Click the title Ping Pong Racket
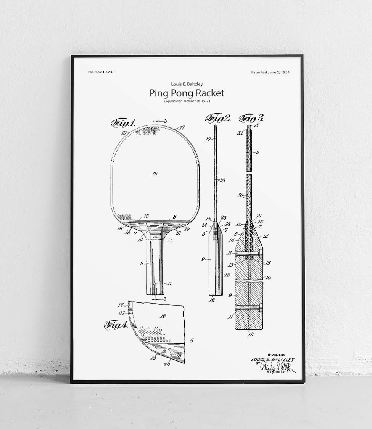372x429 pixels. tap(187, 93)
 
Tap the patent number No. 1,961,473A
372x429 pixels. tap(101, 72)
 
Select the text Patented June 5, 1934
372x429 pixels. tap(270, 72)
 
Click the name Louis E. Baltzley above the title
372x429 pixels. tap(187, 84)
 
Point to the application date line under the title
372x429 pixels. tap(187, 101)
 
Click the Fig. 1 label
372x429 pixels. tap(123, 123)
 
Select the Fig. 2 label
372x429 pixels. tap(218, 119)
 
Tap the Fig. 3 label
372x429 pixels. tap(251, 119)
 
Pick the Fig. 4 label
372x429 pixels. tap(116, 325)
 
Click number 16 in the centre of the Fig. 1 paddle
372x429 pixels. tap(155, 174)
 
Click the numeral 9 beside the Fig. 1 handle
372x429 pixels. tap(142, 263)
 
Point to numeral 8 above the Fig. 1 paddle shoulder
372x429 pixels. tap(175, 217)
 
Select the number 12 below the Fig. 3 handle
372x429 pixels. tap(250, 334)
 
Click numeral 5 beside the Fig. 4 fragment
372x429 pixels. tap(191, 340)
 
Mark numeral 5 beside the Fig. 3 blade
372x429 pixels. tap(258, 152)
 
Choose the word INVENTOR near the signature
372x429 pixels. tap(277, 355)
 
